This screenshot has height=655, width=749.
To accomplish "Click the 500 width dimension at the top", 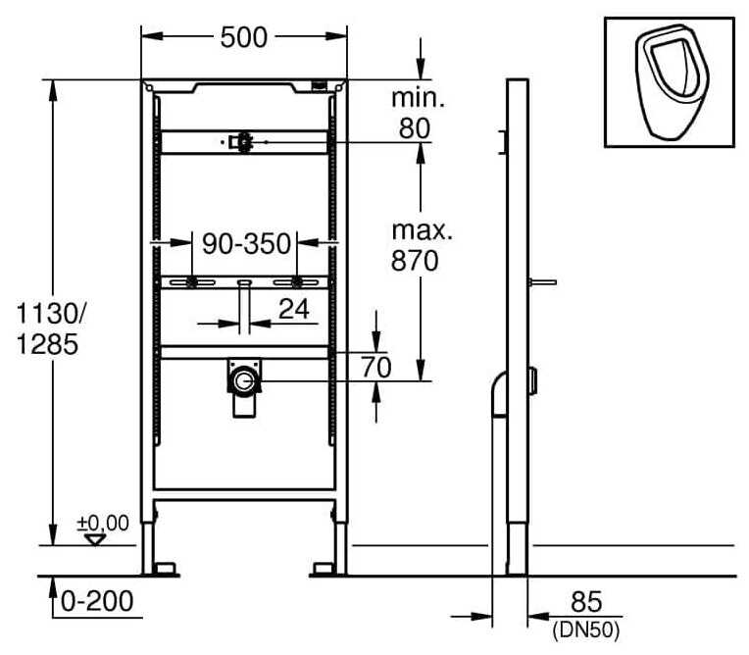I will point(244,37).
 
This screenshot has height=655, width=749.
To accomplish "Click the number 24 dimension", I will point(293,310).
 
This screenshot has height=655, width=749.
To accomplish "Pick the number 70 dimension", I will point(376,368).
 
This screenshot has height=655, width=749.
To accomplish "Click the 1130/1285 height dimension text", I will point(50,329).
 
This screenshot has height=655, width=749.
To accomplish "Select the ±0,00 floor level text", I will point(105,523).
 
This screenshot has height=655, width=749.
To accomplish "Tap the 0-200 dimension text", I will point(96,599).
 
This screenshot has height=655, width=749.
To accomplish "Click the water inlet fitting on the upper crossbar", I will point(241,143).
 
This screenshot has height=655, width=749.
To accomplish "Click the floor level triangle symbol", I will point(95,539).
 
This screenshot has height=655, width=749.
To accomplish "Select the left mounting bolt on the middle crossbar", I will point(191,282).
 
